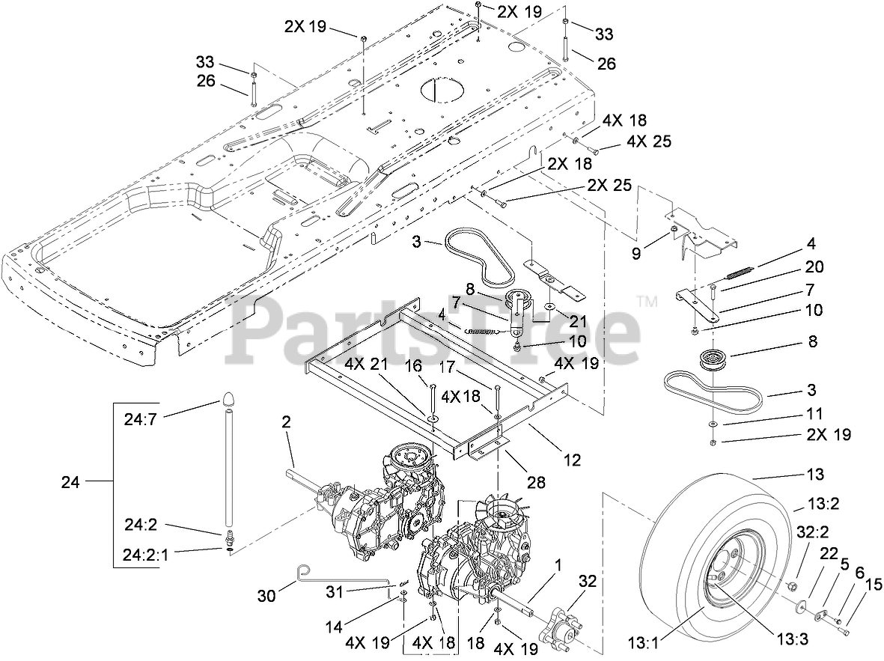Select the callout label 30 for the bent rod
[x=266, y=595]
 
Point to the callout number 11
[x=814, y=413]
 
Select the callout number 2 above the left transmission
[x=285, y=422]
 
